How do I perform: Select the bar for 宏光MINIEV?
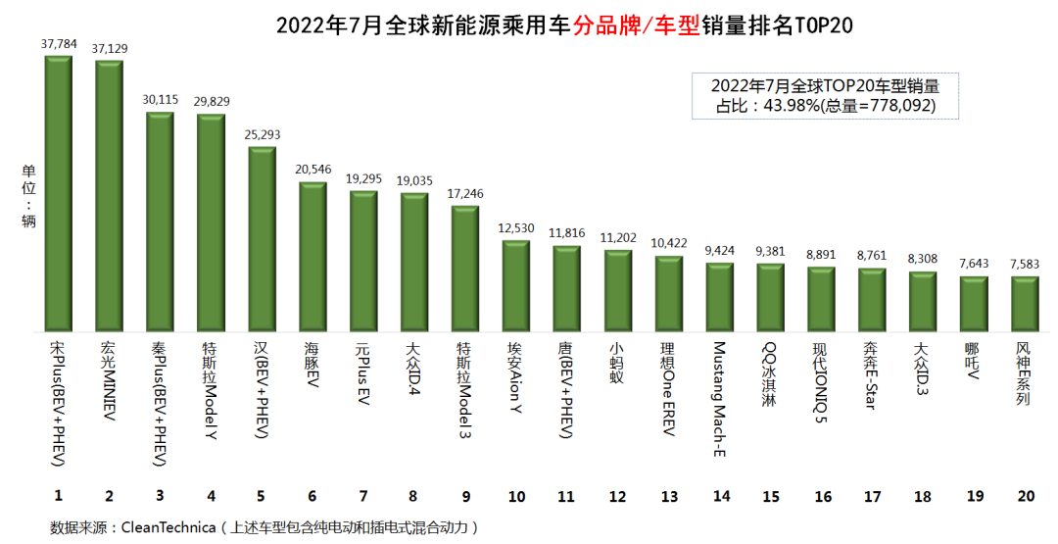tap(110, 196)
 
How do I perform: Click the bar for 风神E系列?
tap(1025, 304)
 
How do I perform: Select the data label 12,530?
tap(516, 227)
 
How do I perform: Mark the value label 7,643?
tap(974, 264)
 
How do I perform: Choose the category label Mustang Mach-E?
tap(720, 399)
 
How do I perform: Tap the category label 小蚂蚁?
tap(618, 365)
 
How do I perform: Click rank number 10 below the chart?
tap(517, 496)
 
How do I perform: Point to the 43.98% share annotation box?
tap(824, 96)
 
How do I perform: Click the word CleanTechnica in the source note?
tap(168, 527)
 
